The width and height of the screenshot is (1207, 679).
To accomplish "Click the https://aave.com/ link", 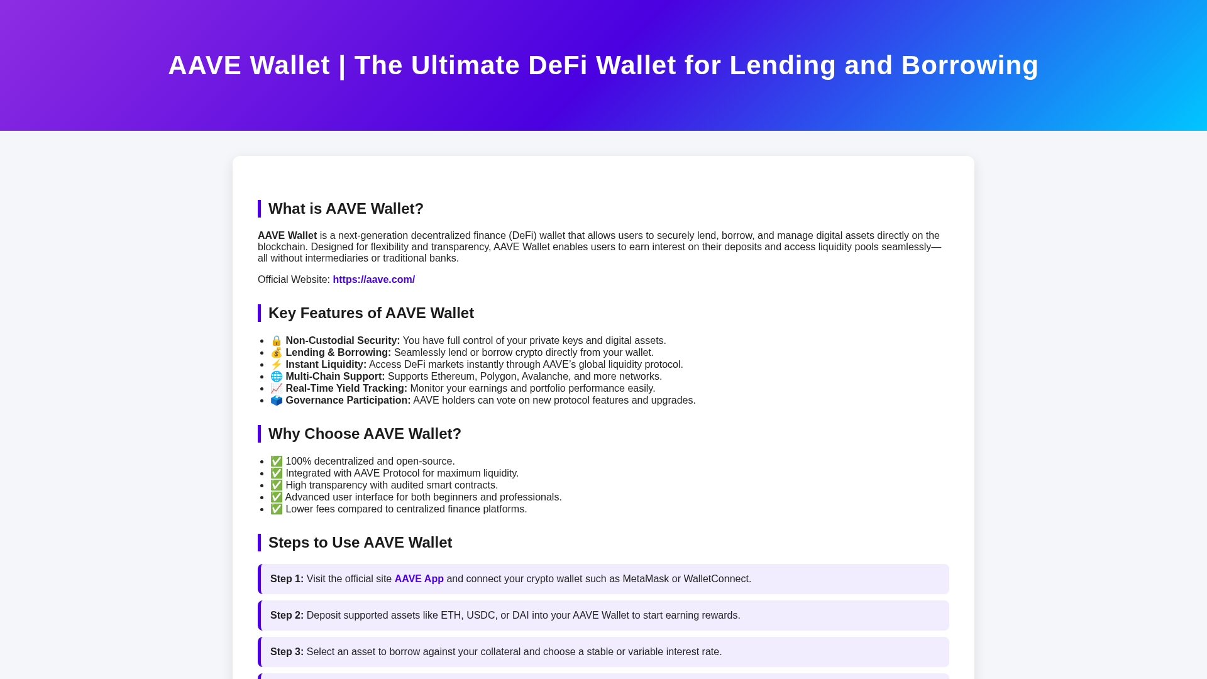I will [373, 280].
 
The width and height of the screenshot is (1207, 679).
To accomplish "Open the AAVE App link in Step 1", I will [419, 579].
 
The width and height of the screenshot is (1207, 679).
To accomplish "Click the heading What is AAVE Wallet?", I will [346, 209].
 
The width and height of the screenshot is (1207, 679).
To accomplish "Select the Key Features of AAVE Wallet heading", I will [371, 313].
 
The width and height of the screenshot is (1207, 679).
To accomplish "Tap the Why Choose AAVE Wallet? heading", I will [365, 434].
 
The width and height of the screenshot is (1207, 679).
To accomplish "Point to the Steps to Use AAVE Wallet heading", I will [360, 543].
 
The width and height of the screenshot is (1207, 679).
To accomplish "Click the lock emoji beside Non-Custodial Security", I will [277, 341].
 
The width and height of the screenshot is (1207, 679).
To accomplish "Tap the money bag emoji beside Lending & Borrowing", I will [277, 353].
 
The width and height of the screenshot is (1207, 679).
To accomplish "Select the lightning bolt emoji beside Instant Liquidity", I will [277, 365].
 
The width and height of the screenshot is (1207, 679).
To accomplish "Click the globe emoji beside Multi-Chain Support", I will [277, 377].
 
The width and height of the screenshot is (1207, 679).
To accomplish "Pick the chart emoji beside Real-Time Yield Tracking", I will [277, 389].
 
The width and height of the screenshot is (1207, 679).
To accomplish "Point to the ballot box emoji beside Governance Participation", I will [277, 400].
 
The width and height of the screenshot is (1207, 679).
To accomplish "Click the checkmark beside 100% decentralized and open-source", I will [277, 461].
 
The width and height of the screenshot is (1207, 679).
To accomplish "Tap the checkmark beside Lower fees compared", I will [277, 509].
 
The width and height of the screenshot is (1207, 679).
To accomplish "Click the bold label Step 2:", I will [287, 616].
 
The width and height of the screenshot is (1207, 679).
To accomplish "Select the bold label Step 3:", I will [287, 652].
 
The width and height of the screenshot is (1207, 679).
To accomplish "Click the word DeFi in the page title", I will [558, 65].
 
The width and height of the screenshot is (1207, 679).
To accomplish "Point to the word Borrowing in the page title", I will [969, 65].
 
